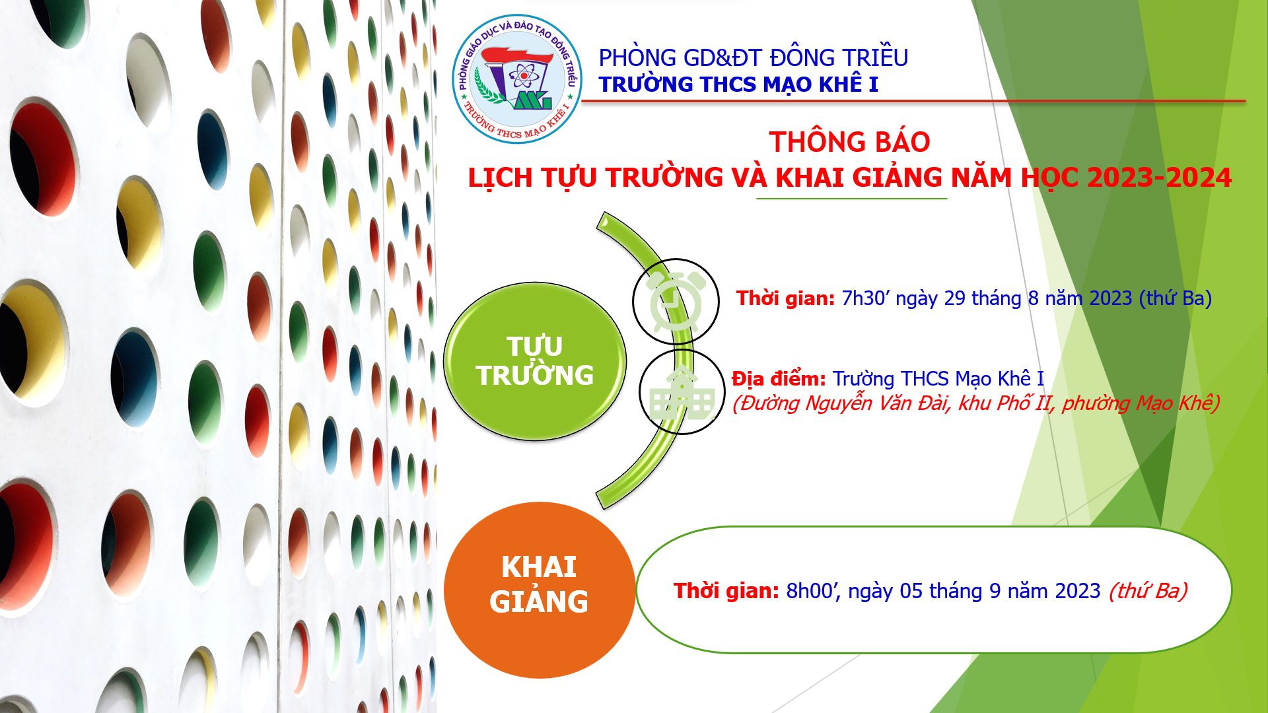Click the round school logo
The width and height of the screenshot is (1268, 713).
click(517, 80)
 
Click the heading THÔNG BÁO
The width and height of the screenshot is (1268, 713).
click(849, 142)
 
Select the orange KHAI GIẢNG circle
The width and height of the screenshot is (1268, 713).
click(539, 590)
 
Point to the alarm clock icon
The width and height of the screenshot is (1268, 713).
click(676, 301)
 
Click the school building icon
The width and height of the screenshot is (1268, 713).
click(682, 393)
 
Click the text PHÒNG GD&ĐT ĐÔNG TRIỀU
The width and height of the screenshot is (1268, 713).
click(753, 57)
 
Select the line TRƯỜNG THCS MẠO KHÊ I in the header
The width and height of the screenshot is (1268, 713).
click(738, 85)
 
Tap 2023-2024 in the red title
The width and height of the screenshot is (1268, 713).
click(1159, 178)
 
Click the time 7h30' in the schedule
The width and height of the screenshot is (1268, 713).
click(866, 298)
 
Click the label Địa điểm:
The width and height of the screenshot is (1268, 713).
click(779, 379)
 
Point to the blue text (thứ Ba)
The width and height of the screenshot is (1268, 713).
click(1176, 298)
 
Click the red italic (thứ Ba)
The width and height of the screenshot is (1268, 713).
click(1148, 591)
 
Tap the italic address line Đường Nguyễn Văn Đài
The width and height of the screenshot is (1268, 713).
click(975, 403)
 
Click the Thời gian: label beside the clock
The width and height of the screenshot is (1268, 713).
click(786, 298)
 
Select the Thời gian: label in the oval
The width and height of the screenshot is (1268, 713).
click(726, 591)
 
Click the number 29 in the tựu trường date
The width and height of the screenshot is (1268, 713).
click(954, 298)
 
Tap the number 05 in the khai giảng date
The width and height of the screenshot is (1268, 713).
click(911, 591)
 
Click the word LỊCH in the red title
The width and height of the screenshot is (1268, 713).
click(500, 178)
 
